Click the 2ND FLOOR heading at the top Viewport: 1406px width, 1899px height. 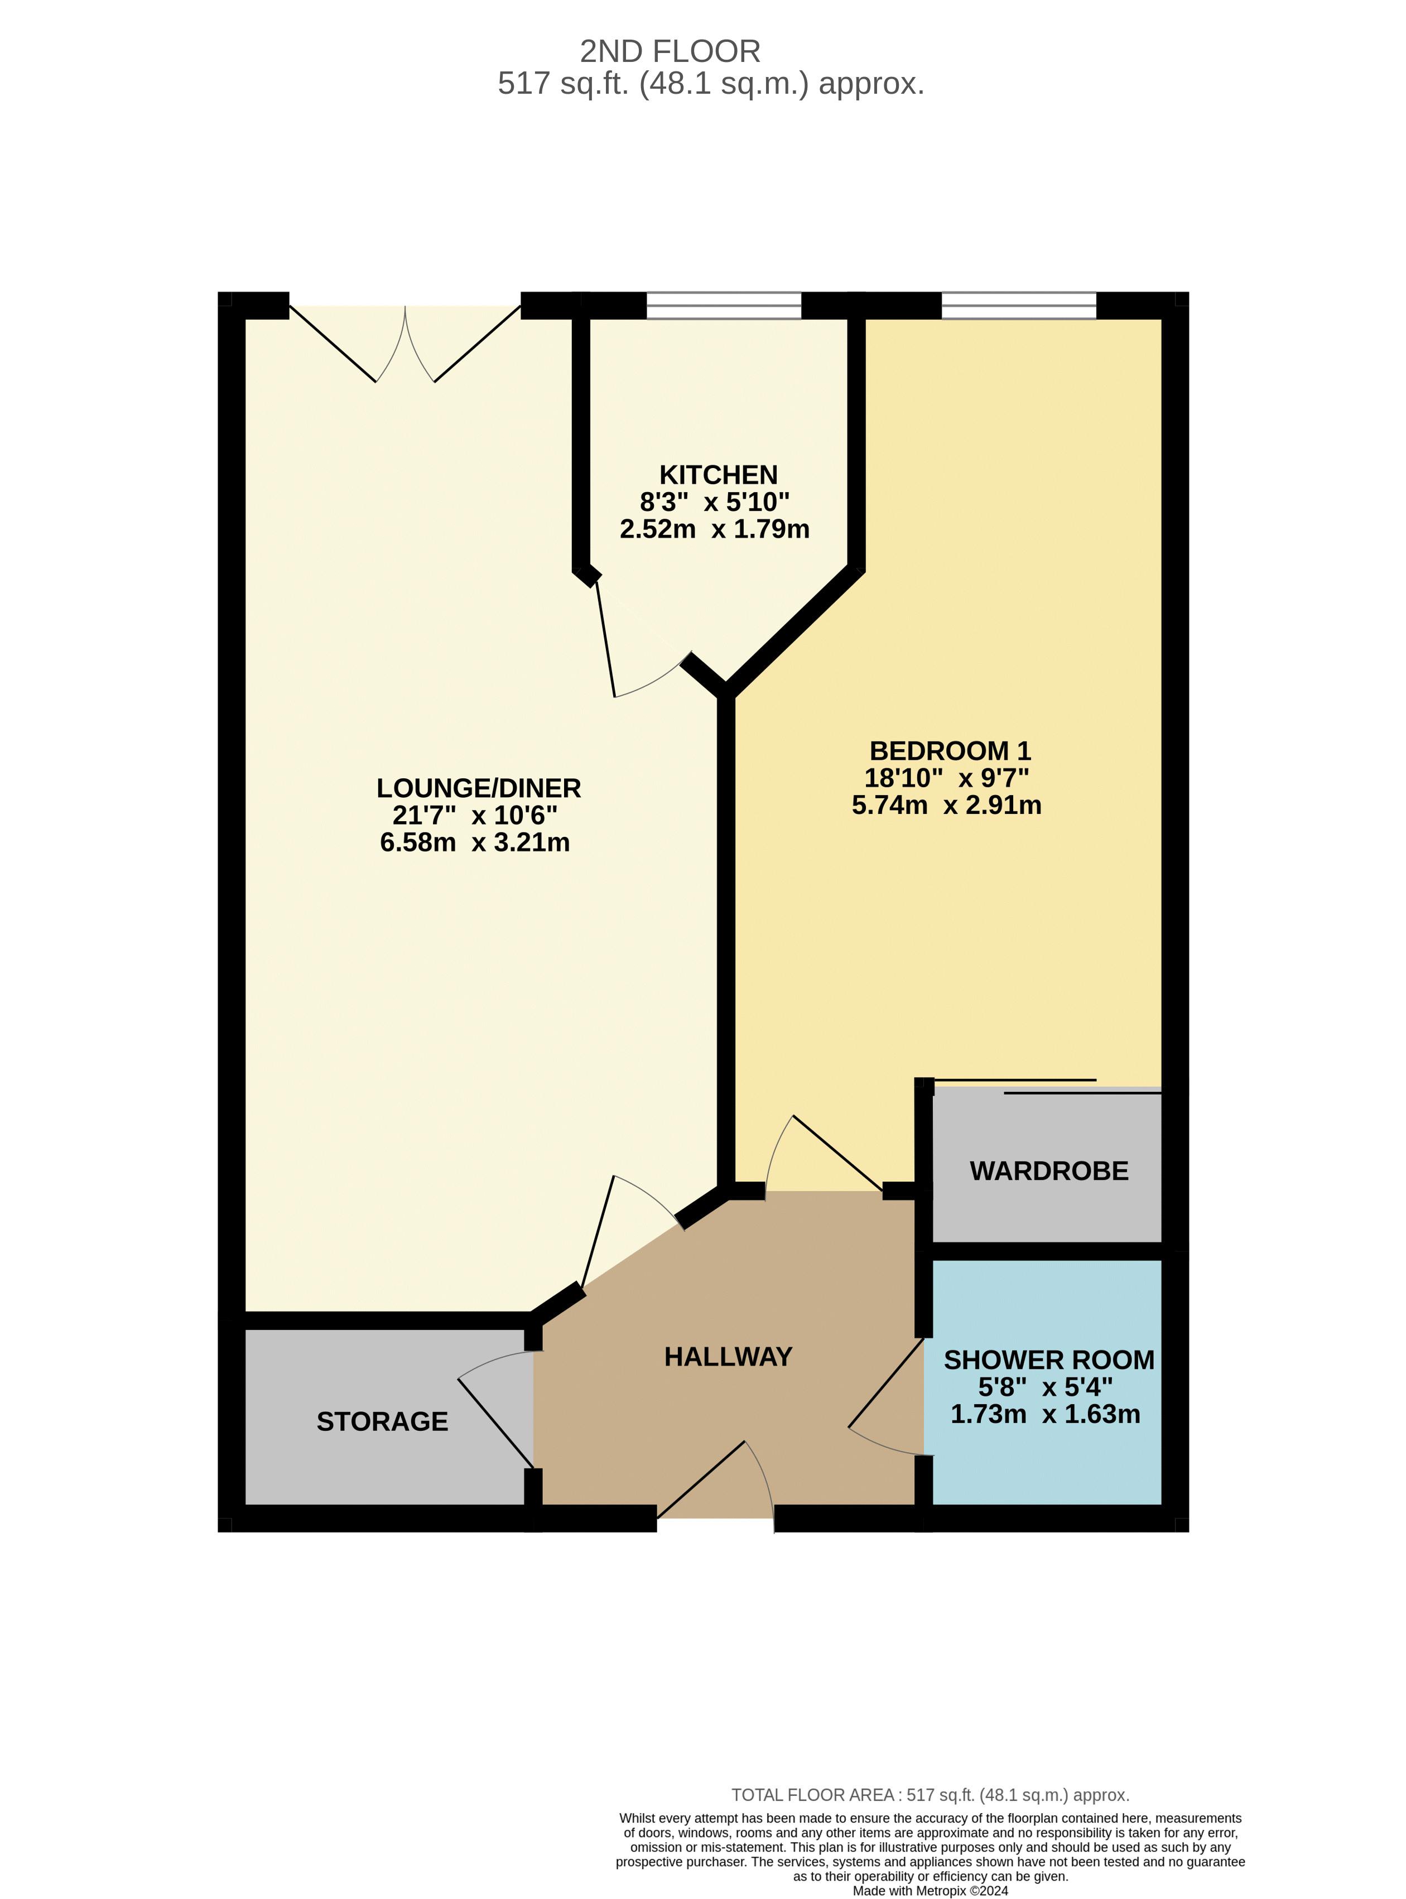click(670, 52)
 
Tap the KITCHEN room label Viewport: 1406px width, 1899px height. click(718, 475)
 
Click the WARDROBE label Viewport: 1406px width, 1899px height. click(1048, 1171)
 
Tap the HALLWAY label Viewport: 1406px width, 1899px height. click(728, 1356)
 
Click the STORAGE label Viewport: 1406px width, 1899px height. click(382, 1421)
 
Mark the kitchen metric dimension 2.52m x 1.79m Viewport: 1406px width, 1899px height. click(714, 529)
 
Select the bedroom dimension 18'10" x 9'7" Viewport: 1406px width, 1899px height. click(946, 778)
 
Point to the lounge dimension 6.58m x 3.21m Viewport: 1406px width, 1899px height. click(475, 842)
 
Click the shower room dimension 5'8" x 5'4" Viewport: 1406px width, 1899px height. click(1045, 1387)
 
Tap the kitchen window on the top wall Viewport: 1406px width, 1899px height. click(724, 306)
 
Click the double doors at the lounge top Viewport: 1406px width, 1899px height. click(405, 345)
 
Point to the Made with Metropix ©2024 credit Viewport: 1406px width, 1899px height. click(930, 1891)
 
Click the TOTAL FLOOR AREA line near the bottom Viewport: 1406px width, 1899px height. click(930, 1795)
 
